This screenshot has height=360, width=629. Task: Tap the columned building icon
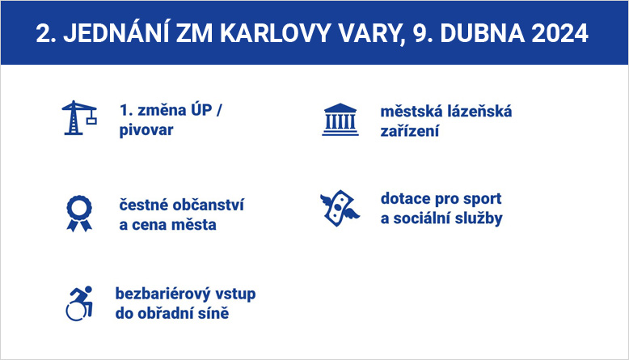pos(340,120)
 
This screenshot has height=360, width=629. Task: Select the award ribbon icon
pos(79,214)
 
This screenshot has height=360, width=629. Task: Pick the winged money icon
pos(340,208)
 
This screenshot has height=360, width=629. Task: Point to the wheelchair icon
pos(80,303)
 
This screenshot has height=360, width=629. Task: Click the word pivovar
pos(146,130)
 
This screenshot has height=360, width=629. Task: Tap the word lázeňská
pos(479,111)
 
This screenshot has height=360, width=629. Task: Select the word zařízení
pos(410,131)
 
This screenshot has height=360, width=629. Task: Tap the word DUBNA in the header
pos(482,33)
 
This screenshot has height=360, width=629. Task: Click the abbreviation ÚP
pos(201,109)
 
